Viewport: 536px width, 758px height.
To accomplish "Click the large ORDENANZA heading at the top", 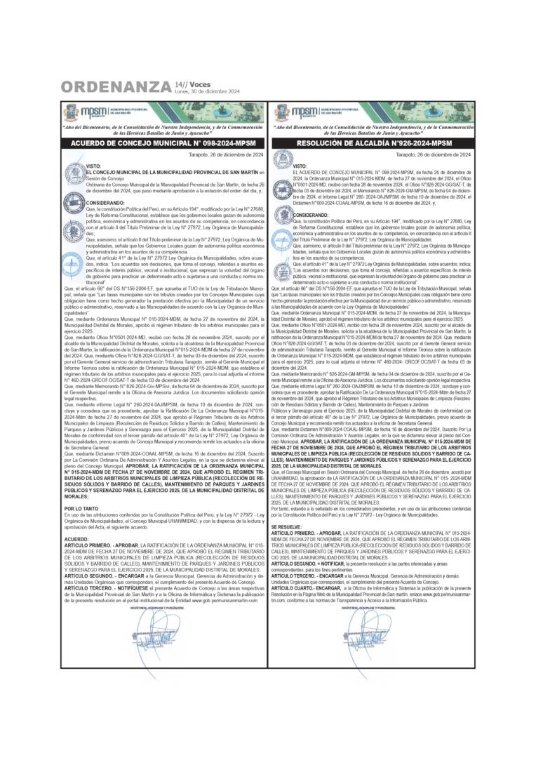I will pyautogui.click(x=116, y=87).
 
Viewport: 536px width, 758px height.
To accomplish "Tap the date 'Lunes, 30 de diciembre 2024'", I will pyautogui.click(x=207, y=91).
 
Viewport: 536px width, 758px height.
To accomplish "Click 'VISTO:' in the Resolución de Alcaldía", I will pyautogui.click(x=300, y=166).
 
